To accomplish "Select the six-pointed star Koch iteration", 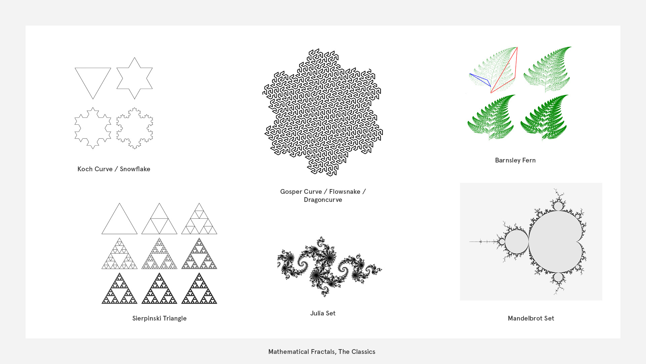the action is [x=135, y=78].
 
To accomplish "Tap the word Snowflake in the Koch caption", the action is [x=135, y=169].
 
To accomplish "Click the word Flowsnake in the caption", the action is [x=345, y=191].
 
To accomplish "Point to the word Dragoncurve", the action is [x=323, y=200].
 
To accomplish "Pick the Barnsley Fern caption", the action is [x=515, y=160].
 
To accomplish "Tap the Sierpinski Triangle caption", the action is [x=159, y=318].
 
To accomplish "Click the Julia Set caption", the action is [x=323, y=313].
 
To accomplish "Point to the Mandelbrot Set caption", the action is [x=531, y=318].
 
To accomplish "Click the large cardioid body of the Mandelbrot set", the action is [x=555, y=242].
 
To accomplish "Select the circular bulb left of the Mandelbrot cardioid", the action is [x=516, y=242].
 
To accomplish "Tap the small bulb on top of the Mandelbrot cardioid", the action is [x=558, y=206].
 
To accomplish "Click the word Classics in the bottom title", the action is [x=363, y=352].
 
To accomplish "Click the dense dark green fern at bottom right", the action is [x=544, y=117].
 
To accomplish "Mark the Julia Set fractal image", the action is [x=329, y=266].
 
